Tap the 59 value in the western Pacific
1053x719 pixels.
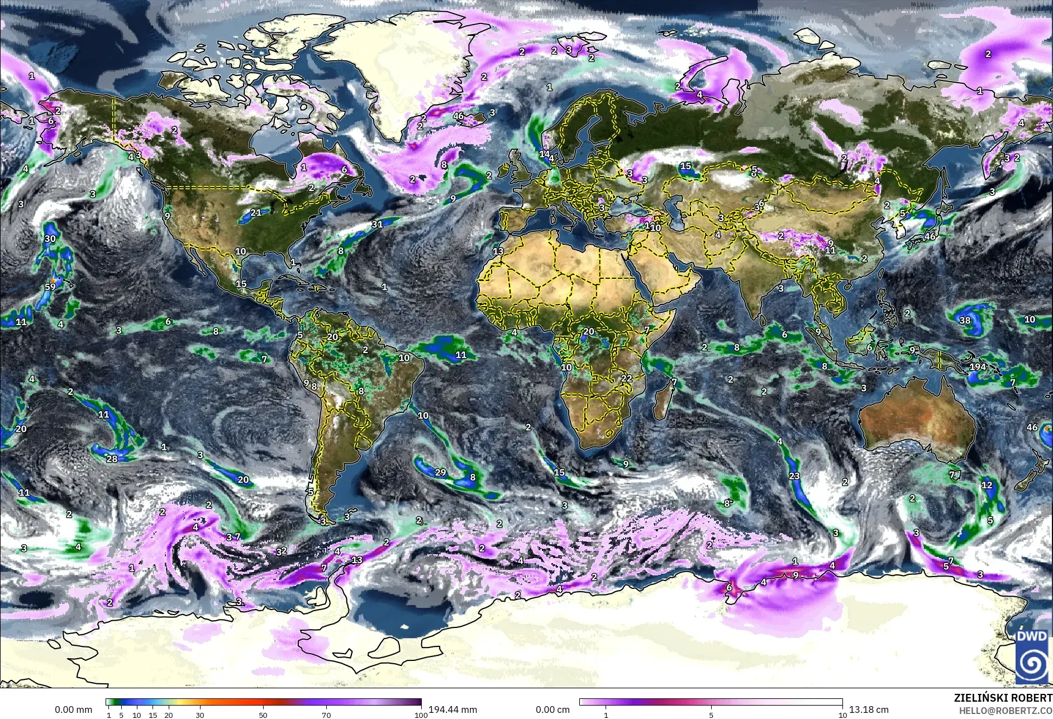click(50, 287)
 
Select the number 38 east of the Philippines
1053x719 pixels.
click(965, 321)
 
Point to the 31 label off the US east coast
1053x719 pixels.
click(377, 224)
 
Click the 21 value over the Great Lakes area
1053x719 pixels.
click(256, 212)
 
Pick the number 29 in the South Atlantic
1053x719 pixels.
click(440, 473)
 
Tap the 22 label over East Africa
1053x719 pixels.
click(627, 378)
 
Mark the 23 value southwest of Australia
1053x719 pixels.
click(794, 477)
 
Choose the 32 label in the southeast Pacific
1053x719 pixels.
click(281, 551)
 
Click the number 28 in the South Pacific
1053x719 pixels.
click(112, 459)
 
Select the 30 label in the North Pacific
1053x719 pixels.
click(50, 239)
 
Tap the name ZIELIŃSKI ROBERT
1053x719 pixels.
click(1003, 698)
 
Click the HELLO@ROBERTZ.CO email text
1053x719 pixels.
click(1006, 711)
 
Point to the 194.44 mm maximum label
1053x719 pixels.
click(452, 710)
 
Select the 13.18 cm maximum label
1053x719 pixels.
click(869, 710)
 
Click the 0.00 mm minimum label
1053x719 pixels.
click(73, 710)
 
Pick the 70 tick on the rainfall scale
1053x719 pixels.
click(326, 715)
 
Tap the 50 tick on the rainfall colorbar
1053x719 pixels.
click(263, 715)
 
